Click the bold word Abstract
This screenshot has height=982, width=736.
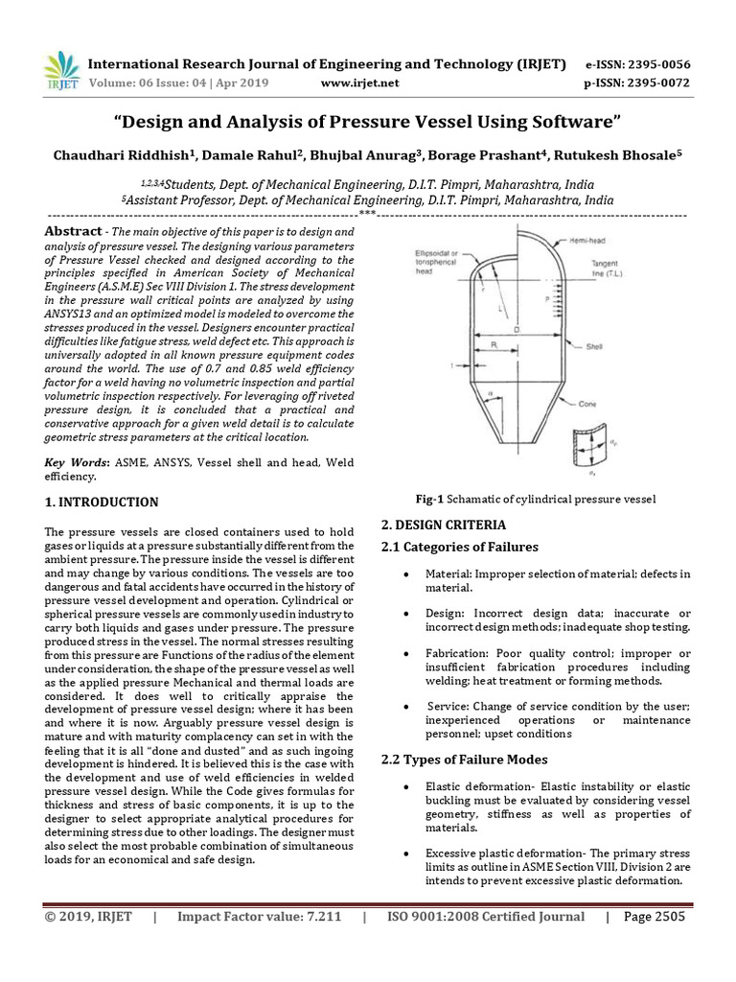pos(73,232)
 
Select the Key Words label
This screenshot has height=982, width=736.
pos(77,463)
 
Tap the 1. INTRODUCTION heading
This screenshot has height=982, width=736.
pos(103,502)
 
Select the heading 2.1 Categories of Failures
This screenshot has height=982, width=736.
pos(460,547)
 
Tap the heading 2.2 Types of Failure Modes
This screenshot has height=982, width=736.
pos(465,760)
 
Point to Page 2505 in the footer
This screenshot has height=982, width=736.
pos(655,917)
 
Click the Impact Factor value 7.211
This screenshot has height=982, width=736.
pos(316,917)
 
